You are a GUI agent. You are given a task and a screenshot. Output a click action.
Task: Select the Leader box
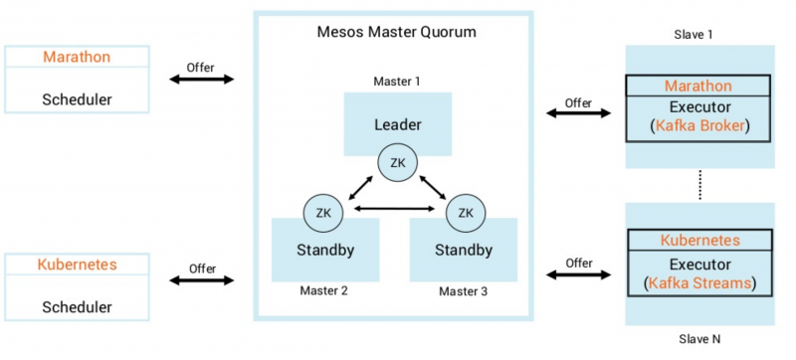click(x=397, y=124)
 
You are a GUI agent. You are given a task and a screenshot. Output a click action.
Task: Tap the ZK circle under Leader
click(x=397, y=163)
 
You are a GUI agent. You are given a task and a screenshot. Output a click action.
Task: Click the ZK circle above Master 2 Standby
click(x=323, y=211)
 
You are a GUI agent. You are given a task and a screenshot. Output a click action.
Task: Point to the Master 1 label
click(x=397, y=81)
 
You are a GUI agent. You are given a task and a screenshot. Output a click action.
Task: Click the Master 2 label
click(x=323, y=290)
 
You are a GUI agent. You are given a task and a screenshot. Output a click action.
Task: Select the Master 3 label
click(x=464, y=290)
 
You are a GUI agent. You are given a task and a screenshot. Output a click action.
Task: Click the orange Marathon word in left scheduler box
click(x=76, y=57)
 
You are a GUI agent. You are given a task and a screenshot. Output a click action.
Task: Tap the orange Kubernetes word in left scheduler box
click(x=77, y=266)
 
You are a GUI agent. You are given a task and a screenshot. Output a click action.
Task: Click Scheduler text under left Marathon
click(x=76, y=99)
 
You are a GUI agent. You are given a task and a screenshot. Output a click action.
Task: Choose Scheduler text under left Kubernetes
click(x=77, y=308)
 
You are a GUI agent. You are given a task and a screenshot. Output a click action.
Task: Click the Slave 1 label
click(x=699, y=35)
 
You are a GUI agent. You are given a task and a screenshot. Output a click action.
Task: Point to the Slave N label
click(x=699, y=339)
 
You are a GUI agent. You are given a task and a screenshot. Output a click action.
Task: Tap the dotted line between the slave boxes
click(x=699, y=185)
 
